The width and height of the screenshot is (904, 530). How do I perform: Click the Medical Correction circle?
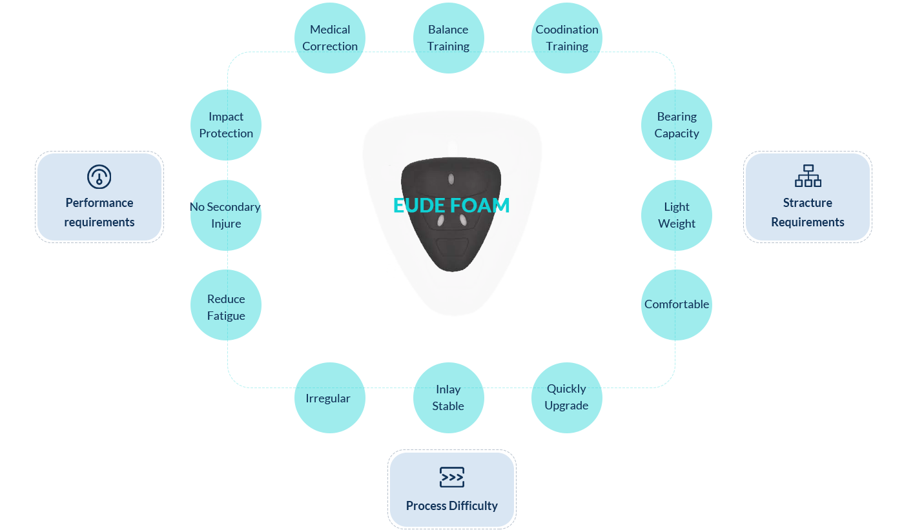pyautogui.click(x=330, y=38)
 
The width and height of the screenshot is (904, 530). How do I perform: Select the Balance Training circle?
pyautogui.click(x=448, y=38)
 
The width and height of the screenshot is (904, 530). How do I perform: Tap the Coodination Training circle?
pyautogui.click(x=567, y=38)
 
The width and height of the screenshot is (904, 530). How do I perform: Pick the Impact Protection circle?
pyautogui.click(x=226, y=125)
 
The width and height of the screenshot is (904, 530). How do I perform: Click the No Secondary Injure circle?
pyautogui.click(x=226, y=215)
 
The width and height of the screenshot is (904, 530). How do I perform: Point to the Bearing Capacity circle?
pyautogui.click(x=677, y=125)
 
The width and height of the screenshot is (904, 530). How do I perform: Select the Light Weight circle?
pyautogui.click(x=677, y=215)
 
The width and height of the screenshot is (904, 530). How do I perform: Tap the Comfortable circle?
pyautogui.click(x=677, y=305)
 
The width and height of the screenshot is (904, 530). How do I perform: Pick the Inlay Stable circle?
pyautogui.click(x=448, y=398)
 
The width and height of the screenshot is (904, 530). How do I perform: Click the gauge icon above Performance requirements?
pyautogui.click(x=99, y=177)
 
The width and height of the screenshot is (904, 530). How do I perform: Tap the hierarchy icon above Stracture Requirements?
pyautogui.click(x=808, y=176)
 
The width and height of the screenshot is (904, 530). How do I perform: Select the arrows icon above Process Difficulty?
pyautogui.click(x=452, y=477)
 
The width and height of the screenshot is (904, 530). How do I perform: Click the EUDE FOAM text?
pyautogui.click(x=451, y=206)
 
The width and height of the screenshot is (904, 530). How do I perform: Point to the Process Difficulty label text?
pyautogui.click(x=452, y=505)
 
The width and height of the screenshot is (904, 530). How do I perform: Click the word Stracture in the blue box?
pyautogui.click(x=808, y=202)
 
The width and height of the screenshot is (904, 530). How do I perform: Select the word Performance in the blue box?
pyautogui.click(x=99, y=202)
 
